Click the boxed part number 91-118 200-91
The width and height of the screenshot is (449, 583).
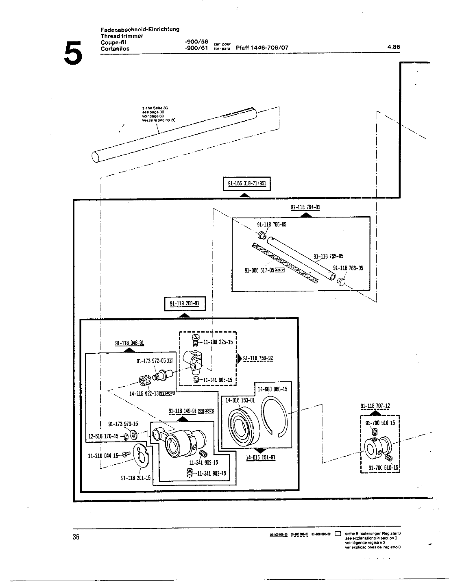(185, 304)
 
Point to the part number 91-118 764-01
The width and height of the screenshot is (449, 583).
(305, 207)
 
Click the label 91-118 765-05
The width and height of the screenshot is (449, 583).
(328, 256)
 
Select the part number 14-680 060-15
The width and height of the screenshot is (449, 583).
(272, 389)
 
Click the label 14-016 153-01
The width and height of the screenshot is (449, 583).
(240, 400)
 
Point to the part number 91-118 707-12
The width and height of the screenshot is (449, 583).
(375, 406)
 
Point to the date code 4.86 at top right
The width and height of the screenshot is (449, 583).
(394, 47)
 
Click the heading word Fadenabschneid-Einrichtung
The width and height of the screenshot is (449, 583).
(140, 29)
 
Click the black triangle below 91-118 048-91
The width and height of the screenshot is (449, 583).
(129, 349)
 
